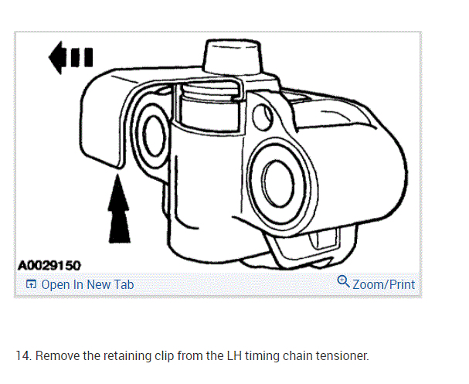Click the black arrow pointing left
click(x=70, y=58)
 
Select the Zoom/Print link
click(x=383, y=284)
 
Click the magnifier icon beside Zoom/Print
click(x=344, y=282)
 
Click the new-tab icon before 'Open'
click(x=31, y=284)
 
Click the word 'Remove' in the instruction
click(x=56, y=355)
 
